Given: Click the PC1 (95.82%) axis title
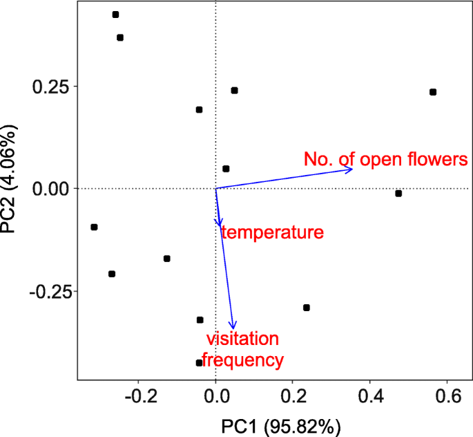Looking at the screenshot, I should (x=280, y=425).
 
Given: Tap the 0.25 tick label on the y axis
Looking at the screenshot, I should (x=52, y=87).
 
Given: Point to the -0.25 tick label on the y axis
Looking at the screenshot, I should (x=49, y=291).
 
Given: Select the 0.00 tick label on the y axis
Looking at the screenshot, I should (x=52, y=189).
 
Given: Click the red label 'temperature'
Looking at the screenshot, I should (x=272, y=232).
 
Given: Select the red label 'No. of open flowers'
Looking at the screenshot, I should (x=386, y=160).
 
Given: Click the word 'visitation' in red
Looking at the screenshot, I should (x=242, y=339).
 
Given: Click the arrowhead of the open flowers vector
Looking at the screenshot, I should (x=351, y=169).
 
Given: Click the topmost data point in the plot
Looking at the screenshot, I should (x=115, y=15).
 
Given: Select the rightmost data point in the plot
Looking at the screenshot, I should (x=433, y=92).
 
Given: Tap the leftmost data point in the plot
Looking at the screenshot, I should (x=94, y=227).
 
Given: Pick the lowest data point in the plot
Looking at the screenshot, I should (x=200, y=362).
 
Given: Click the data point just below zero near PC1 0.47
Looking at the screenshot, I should (x=398, y=194).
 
